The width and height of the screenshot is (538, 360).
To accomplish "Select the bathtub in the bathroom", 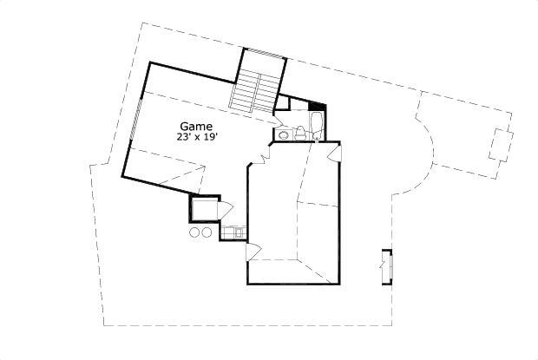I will [316, 127].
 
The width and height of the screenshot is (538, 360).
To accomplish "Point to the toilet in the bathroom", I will [299, 133].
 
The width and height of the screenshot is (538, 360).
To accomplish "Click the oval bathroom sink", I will [283, 134].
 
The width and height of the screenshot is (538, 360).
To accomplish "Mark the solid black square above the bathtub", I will [315, 107].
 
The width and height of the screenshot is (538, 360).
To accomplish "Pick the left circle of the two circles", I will [194, 232].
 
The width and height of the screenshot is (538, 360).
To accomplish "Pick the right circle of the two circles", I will [207, 232].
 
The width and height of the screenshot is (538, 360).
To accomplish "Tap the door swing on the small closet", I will [223, 210].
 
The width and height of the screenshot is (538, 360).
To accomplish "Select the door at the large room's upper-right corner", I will [335, 154].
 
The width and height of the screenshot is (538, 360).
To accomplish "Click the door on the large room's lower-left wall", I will [253, 252].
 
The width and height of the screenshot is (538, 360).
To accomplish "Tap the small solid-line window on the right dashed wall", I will [387, 265].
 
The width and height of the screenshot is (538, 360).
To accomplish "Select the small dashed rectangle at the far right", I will [501, 144].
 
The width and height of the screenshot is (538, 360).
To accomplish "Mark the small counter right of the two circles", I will [234, 232].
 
